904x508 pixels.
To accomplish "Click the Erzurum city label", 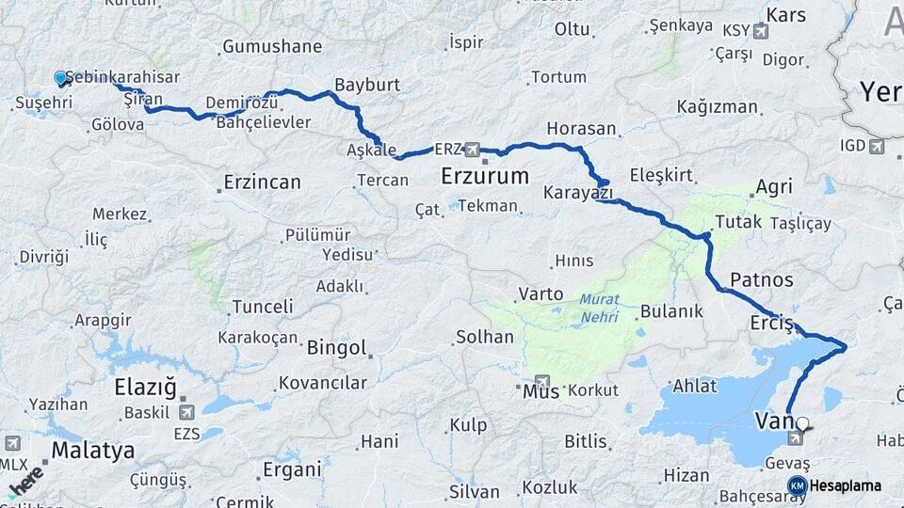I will [x=484, y=176].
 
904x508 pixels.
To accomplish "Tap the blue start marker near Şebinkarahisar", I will [x=61, y=79].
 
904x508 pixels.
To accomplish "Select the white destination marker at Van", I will [x=803, y=424].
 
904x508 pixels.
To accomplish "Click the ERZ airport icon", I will [x=471, y=150].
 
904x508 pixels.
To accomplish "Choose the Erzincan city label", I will [x=262, y=183].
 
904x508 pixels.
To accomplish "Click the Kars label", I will [x=786, y=15].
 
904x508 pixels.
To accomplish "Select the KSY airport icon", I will [x=761, y=31].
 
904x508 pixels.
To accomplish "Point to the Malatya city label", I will [x=92, y=451].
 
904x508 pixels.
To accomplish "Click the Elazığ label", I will [x=145, y=388].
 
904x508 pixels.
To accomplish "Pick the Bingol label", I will [x=336, y=348].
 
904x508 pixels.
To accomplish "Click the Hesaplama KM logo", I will [x=797, y=485].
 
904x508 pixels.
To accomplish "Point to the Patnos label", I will [x=761, y=279].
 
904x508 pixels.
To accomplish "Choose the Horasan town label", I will [x=581, y=128].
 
